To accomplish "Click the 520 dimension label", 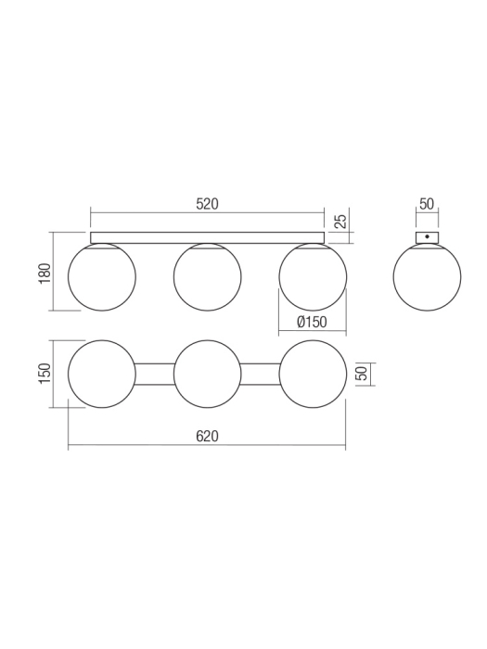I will [x=207, y=205].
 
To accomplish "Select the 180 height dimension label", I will [x=45, y=274].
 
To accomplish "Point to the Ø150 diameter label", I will [x=313, y=322].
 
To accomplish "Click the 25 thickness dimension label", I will [x=340, y=221].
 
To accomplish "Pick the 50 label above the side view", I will [x=427, y=205].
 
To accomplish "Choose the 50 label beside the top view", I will [x=363, y=374].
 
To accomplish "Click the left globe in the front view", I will [x=102, y=277].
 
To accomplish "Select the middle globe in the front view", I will [x=208, y=277].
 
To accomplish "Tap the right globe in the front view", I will [x=313, y=277].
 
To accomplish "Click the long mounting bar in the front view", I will [x=208, y=238].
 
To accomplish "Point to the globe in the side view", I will [x=427, y=277].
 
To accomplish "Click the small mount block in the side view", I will [x=427, y=237].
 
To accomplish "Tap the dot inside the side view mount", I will [x=427, y=237].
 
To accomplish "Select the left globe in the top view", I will [x=102, y=374].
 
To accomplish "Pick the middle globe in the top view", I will [x=208, y=374].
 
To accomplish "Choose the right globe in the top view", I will [x=313, y=374].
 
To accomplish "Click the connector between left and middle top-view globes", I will [x=155, y=374].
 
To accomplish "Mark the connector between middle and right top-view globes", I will [x=260, y=374].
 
